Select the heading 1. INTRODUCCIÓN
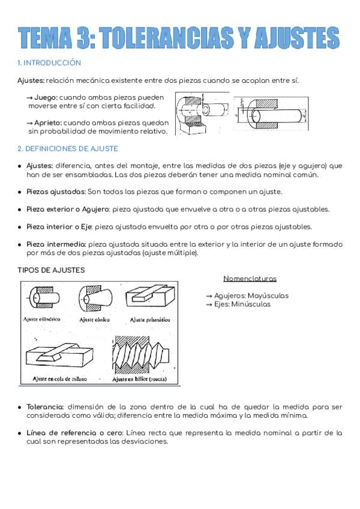click(49, 62)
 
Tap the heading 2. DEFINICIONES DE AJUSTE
click(68, 148)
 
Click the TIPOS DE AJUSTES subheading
click(51, 270)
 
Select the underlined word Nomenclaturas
click(250, 279)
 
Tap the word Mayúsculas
click(268, 295)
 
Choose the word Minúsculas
click(250, 304)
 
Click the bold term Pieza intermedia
click(56, 244)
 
